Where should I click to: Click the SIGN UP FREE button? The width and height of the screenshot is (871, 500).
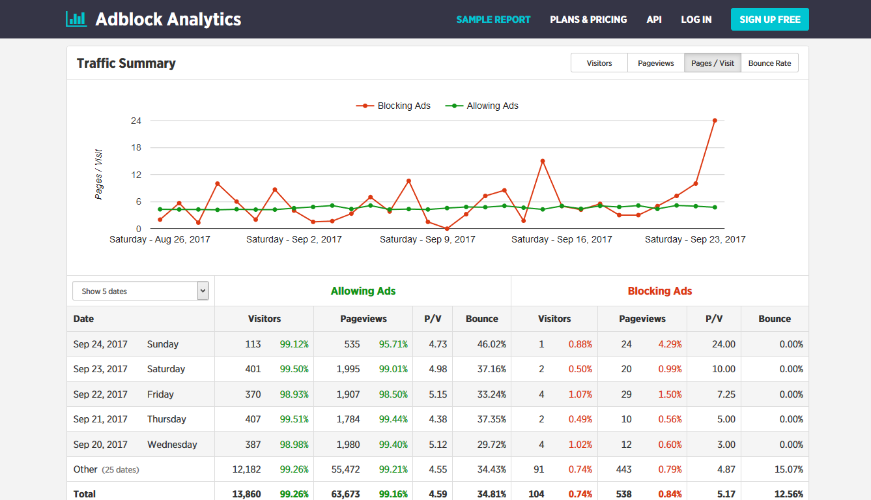click(x=769, y=20)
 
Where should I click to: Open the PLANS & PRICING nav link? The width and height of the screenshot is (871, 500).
click(x=588, y=20)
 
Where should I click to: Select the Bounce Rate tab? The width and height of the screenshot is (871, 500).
click(x=769, y=63)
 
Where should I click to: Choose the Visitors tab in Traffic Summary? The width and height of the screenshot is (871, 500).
click(x=599, y=63)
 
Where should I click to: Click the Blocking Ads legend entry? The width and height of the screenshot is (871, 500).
click(x=393, y=106)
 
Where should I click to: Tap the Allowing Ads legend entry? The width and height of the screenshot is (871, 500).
click(x=482, y=106)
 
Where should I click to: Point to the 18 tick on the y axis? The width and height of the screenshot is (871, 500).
click(x=136, y=147)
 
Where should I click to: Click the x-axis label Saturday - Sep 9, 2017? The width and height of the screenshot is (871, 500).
click(x=427, y=239)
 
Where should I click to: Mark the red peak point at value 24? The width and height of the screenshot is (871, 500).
click(x=715, y=121)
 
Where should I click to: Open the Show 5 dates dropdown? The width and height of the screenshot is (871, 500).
click(x=140, y=291)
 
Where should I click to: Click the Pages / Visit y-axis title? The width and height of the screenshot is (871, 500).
click(x=98, y=175)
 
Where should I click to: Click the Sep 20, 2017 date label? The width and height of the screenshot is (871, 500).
click(x=100, y=445)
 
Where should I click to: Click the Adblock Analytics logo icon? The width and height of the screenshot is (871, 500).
click(x=76, y=19)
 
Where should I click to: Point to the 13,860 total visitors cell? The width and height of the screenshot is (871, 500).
click(x=246, y=494)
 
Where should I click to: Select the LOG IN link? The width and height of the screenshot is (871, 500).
click(x=696, y=20)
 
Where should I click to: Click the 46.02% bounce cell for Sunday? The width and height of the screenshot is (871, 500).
click(x=491, y=344)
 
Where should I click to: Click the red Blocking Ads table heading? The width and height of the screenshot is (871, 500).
click(x=659, y=291)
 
